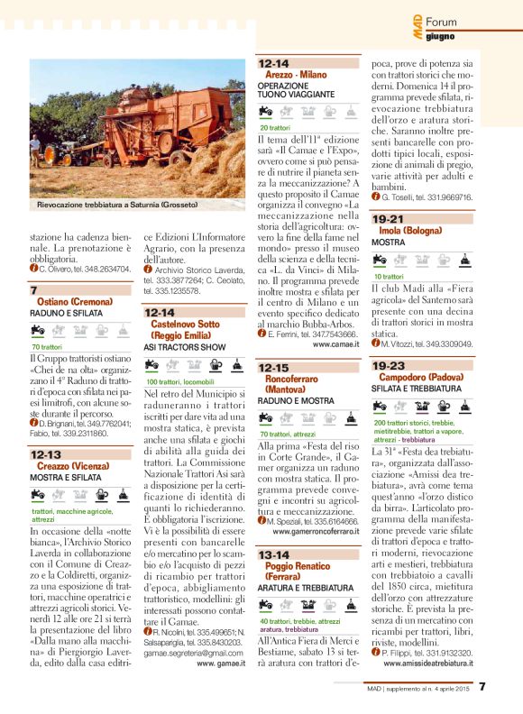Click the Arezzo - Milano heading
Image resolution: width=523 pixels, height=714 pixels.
pyautogui.click(x=296, y=75)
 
